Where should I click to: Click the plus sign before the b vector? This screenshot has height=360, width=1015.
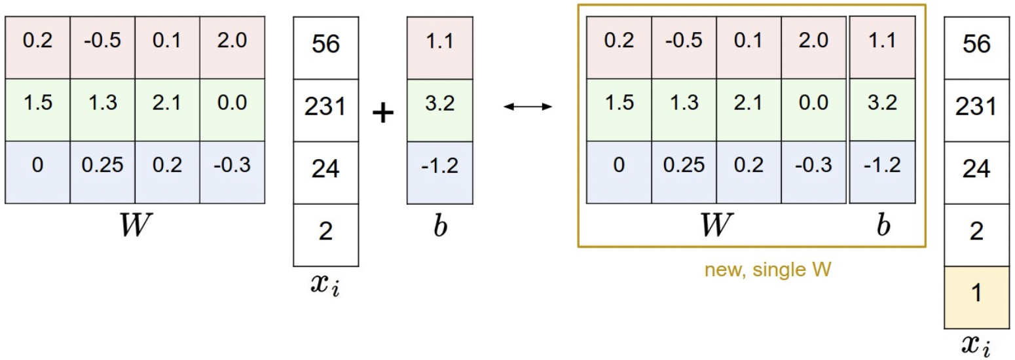click(383, 113)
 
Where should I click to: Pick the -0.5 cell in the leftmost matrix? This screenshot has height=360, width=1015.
click(102, 41)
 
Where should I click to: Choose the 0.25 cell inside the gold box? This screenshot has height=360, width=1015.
click(684, 166)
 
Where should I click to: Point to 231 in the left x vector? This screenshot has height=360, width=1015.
click(325, 107)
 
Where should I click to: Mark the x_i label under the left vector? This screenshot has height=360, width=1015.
click(325, 286)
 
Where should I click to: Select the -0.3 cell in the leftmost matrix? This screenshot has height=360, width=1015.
click(232, 166)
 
